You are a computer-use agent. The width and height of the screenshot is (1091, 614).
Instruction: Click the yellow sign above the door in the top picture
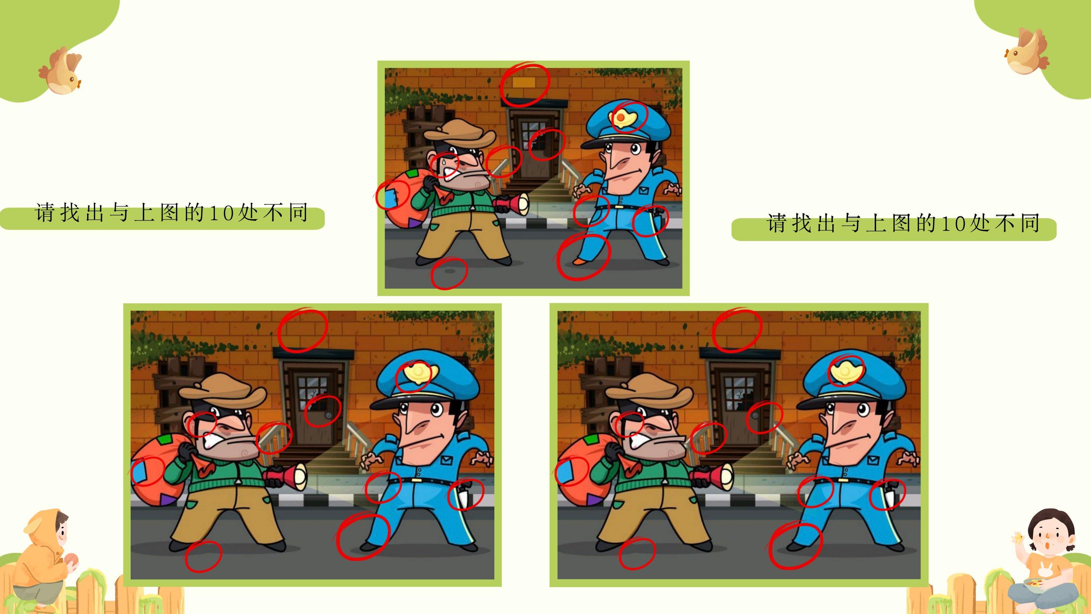[524, 83]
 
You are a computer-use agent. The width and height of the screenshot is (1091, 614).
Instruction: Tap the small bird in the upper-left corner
[61, 70]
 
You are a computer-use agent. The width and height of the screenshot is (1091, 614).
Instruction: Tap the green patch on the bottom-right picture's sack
[591, 439]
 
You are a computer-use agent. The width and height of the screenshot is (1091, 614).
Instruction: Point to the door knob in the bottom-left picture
[328, 417]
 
